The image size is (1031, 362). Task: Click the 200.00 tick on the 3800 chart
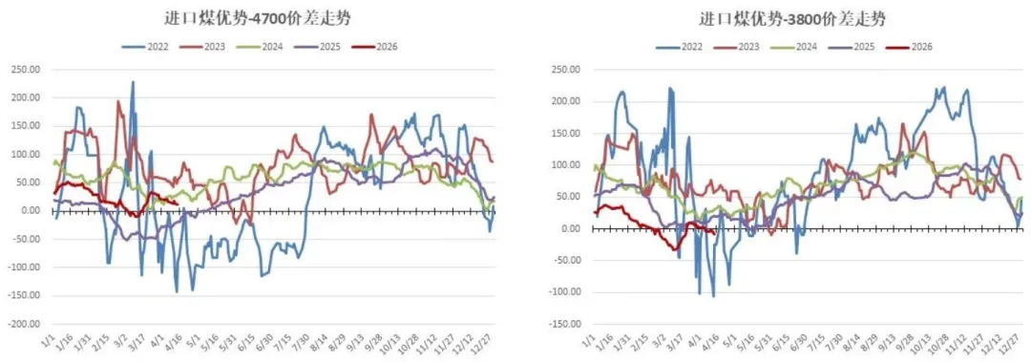coord(569,101)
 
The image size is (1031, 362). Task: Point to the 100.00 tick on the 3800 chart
coord(569,165)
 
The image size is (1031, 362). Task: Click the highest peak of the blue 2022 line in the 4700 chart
coord(133,82)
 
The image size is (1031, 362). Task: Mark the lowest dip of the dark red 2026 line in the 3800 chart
coord(675,250)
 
